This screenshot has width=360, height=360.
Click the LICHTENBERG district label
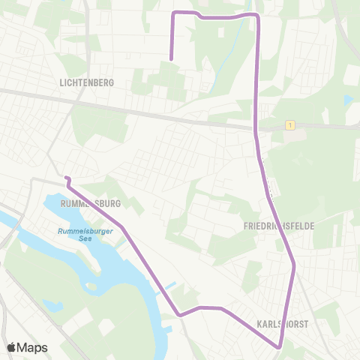tap(86, 83)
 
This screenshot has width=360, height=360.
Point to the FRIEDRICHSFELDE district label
tap(279, 225)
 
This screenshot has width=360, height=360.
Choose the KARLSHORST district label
tap(283, 323)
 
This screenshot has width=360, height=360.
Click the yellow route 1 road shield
tap(289, 125)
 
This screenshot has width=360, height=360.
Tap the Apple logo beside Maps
tap(12, 347)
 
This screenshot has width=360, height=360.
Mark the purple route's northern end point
tap(172, 58)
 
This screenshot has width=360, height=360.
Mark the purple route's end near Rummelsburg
tap(66, 178)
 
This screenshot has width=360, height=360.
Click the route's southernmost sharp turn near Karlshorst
tap(280, 346)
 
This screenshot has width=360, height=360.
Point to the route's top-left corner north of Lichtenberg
tap(175, 13)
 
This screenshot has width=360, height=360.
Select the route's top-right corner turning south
tap(257, 15)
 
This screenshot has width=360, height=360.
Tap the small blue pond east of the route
tap(347, 99)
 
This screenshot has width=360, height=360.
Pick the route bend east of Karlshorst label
tap(294, 265)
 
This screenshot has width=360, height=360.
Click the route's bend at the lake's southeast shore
tap(178, 315)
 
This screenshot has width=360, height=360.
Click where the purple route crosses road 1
tap(256, 126)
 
